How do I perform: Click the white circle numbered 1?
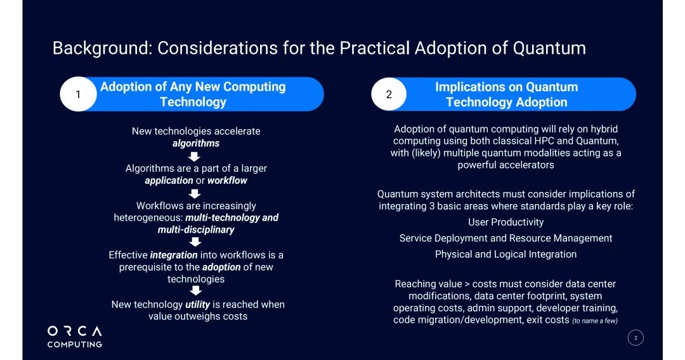(78, 94)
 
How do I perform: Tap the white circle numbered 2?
(389, 94)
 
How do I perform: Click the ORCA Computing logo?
(75, 337)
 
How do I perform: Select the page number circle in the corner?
(636, 338)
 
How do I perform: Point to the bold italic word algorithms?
(196, 144)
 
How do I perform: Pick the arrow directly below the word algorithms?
(194, 156)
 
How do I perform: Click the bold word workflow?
(227, 181)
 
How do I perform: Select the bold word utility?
(197, 305)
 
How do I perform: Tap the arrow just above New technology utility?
(196, 291)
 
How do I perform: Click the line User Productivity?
(506, 222)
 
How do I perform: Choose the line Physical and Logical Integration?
(506, 254)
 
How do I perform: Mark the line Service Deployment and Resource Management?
(506, 238)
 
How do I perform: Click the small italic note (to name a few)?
(595, 321)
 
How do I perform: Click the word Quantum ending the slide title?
(549, 48)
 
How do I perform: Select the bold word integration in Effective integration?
(174, 255)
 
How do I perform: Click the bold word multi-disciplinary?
(196, 230)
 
